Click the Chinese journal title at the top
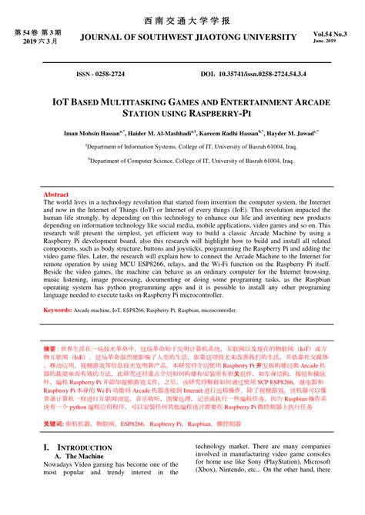182,18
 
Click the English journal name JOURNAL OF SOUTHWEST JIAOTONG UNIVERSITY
182,36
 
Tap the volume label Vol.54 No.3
330,35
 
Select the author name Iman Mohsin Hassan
95,132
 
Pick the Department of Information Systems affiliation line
182,145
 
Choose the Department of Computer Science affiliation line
182,161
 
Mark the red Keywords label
58,310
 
